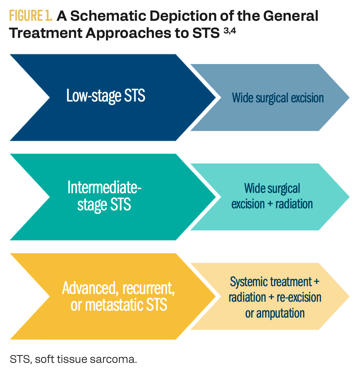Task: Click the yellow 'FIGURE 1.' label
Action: (31, 16)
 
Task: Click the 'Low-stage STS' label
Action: (106, 97)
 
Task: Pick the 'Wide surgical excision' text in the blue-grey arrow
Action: (278, 98)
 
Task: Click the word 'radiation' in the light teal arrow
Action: (294, 203)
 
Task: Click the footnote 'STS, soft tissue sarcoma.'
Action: (74, 359)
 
